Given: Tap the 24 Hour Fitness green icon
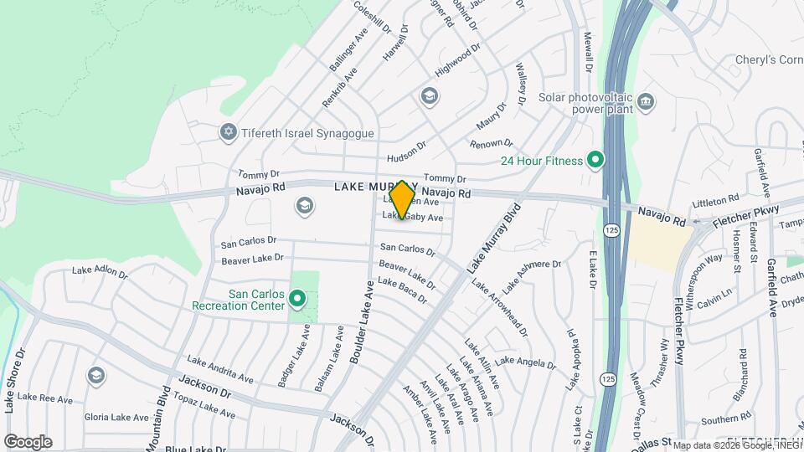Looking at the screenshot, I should point(595,159).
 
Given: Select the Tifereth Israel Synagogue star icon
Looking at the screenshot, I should point(227,133).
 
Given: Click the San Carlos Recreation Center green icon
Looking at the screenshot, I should point(296,299).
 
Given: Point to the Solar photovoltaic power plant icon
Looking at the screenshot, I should point(646,103).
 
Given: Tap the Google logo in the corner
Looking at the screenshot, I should point(28,441).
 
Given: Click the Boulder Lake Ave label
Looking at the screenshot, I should point(362,321).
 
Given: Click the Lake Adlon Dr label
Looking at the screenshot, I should point(100,272).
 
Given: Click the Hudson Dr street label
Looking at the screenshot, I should point(406,152).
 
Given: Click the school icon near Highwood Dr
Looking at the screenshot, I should point(430,96).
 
